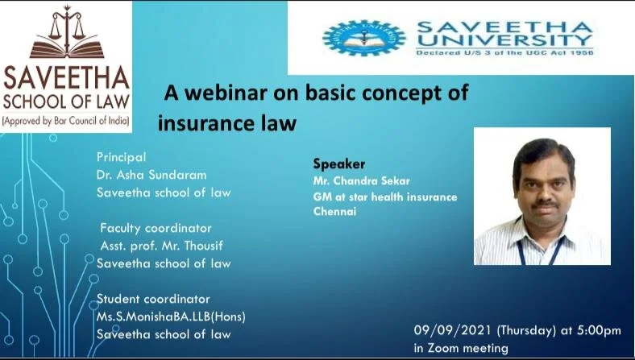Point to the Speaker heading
point(333,164)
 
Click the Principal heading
point(121,157)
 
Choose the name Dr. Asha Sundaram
point(151,175)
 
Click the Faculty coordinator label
point(156,228)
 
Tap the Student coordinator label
point(153,299)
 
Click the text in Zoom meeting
point(461,348)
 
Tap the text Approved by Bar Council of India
point(66,121)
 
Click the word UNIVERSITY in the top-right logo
point(504,39)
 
